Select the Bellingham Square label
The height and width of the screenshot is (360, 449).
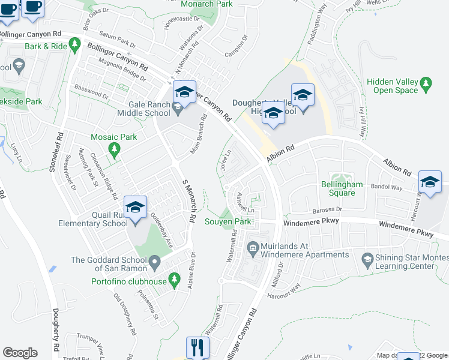click(x=342, y=188)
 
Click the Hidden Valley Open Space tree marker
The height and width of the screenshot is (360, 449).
click(x=427, y=82)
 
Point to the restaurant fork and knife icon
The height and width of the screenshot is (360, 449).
click(x=197, y=347)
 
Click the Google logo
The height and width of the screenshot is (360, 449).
click(x=20, y=352)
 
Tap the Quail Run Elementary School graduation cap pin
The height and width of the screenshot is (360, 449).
click(x=136, y=208)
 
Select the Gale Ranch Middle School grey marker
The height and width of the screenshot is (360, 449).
click(x=177, y=109)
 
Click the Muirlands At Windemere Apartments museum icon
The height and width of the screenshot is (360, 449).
click(x=253, y=247)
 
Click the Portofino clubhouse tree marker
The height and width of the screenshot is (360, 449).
click(x=175, y=278)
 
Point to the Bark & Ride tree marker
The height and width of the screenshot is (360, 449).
click(x=74, y=44)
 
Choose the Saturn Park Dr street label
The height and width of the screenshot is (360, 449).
click(x=118, y=40)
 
